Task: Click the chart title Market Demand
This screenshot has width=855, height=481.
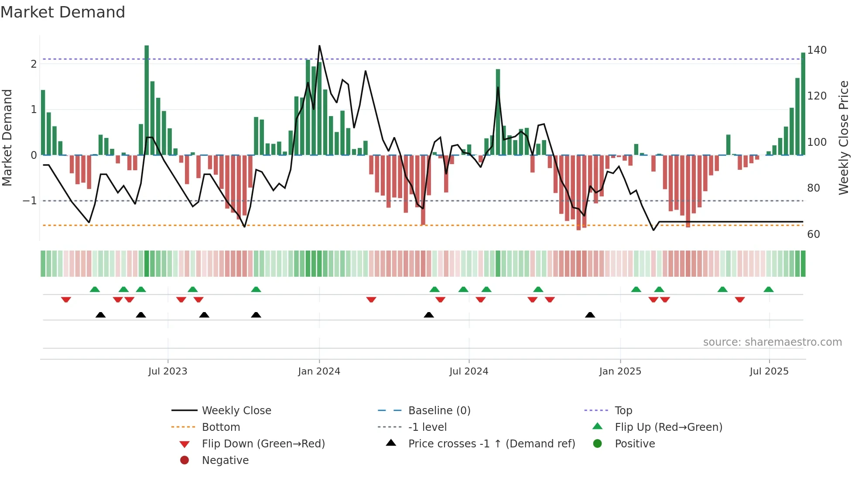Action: point(63,12)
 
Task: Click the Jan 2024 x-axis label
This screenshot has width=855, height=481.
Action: point(319,371)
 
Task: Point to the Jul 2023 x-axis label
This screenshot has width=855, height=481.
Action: point(168,371)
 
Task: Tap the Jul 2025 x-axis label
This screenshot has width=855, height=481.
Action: point(769,371)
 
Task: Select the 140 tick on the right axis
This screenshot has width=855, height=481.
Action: point(817,50)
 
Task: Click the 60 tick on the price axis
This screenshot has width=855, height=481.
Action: point(814,234)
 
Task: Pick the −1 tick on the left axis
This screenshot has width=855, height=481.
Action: point(30,201)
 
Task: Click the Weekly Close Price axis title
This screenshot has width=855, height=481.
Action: point(844,137)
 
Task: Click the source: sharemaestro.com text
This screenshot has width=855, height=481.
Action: point(772,342)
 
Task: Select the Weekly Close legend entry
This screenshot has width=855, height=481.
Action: point(236,411)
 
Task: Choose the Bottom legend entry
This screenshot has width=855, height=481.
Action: point(221,427)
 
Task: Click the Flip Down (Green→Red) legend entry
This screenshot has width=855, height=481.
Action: point(263,444)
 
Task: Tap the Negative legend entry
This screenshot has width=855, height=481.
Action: point(225,460)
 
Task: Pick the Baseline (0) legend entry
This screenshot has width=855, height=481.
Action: point(439,411)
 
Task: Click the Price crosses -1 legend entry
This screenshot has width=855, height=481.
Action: point(491,444)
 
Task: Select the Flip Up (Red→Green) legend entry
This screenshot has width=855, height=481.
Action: point(668,427)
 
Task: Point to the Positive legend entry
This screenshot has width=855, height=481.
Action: point(635,444)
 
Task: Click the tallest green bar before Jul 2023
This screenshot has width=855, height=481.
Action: point(147,100)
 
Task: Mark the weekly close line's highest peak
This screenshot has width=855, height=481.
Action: point(319,46)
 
